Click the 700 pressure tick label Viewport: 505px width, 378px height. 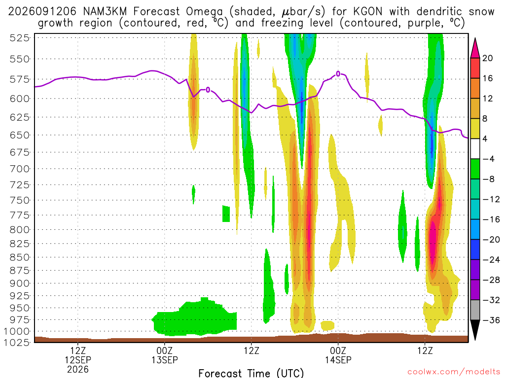point(20,169)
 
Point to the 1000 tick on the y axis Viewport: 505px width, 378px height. point(17,331)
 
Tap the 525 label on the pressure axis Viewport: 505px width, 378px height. point(20,38)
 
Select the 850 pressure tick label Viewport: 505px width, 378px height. point(20,257)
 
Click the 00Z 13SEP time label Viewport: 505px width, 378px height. point(165,355)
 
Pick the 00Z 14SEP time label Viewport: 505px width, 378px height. point(338,355)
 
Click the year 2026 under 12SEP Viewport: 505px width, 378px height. point(78,369)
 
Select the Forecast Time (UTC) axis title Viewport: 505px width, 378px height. point(251,373)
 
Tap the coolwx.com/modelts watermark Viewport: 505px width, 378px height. point(454,372)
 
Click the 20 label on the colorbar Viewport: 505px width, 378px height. point(488,58)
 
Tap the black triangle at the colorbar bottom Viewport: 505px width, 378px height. point(475,329)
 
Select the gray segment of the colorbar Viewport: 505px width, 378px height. point(475,310)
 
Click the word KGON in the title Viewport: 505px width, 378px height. point(368,12)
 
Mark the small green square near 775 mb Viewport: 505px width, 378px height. point(226,214)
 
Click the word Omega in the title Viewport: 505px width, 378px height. point(204,12)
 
